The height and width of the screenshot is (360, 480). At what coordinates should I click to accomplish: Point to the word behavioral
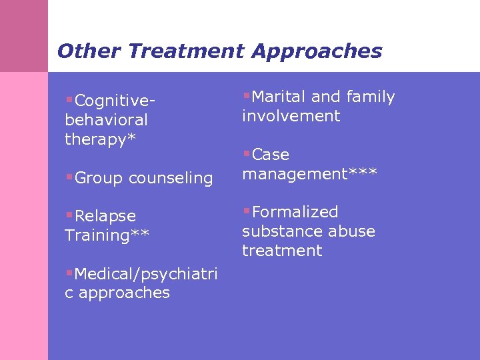[106, 120]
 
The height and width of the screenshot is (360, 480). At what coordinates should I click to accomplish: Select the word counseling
[171, 178]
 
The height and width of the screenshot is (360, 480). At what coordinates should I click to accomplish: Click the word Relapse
[105, 216]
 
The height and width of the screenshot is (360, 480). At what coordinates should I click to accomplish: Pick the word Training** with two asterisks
[107, 235]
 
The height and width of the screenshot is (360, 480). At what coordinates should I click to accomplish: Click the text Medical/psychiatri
[146, 274]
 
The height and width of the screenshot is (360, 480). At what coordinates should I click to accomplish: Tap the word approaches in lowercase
[124, 293]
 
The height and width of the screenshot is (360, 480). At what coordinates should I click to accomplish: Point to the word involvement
[291, 116]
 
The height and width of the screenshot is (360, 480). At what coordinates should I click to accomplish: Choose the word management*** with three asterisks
[309, 174]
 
